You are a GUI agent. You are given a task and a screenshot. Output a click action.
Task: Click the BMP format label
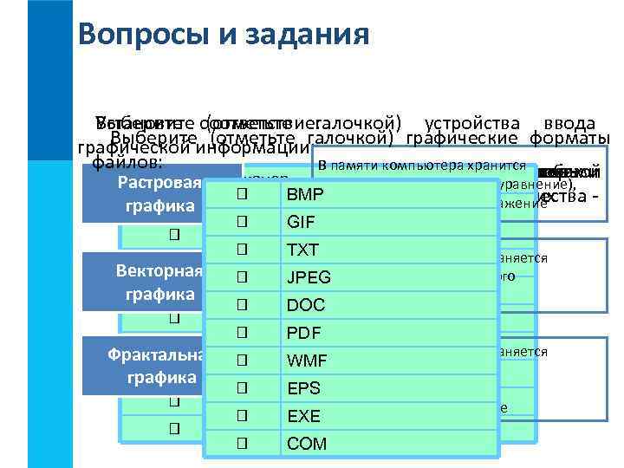tap(303, 195)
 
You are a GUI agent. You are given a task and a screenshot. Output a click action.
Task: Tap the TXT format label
tap(302, 250)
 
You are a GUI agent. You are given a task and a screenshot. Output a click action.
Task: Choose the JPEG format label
tap(309, 278)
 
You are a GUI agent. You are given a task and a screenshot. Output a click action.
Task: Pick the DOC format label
tap(305, 306)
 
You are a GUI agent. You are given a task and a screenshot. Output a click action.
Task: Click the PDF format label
tap(302, 334)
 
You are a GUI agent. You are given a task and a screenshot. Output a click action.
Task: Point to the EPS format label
tap(303, 388)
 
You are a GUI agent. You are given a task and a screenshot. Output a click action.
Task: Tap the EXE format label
tap(303, 416)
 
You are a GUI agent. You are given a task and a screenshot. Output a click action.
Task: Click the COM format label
tap(307, 444)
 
